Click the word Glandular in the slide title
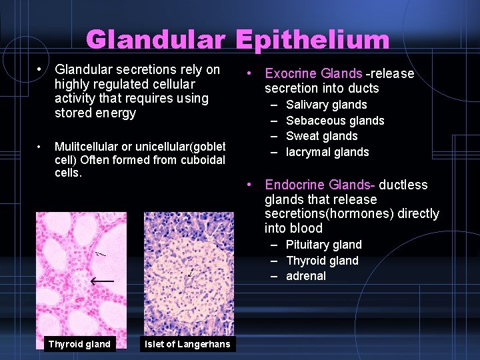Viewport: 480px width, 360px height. pos(158,40)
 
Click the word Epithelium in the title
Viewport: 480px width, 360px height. pos(313,40)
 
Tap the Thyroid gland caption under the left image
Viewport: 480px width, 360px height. pos(79,344)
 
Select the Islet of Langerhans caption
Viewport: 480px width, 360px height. pos(187,344)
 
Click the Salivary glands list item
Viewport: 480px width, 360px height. pos(326,105)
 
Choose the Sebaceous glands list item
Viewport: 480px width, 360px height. pos(335,121)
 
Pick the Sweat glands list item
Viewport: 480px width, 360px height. pos(321,136)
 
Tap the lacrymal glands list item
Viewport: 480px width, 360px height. pos(327,152)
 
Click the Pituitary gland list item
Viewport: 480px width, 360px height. pos(323,245)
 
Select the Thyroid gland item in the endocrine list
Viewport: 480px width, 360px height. pos(322,261)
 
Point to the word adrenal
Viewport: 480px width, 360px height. pos(306,276)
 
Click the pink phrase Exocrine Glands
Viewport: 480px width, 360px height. pos(313,73)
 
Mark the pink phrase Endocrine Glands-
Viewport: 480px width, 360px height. pos(321,185)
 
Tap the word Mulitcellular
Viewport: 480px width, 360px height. pos(87,147)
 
